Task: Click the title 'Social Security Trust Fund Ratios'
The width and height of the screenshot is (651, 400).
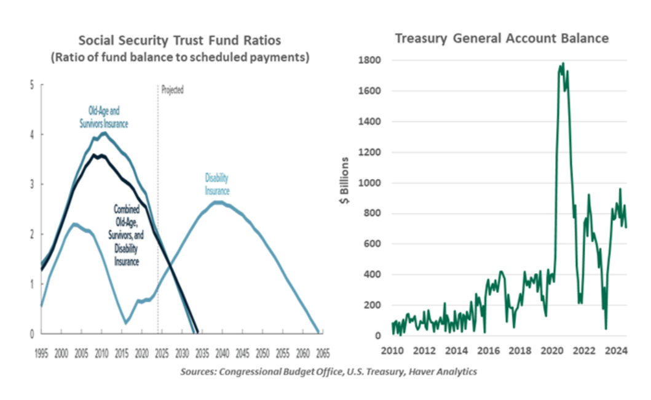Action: pos(180,41)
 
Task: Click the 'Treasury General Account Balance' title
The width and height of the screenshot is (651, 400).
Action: pos(502,39)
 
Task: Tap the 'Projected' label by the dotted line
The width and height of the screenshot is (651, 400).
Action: pos(173,90)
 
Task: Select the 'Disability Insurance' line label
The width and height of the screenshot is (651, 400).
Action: pos(216,185)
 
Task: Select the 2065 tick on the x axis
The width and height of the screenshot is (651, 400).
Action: pos(323,354)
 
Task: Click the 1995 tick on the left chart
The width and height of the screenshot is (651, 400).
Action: pos(41,354)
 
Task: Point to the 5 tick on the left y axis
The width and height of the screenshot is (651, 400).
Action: pos(32,85)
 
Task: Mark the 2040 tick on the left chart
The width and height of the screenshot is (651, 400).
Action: pos(223,354)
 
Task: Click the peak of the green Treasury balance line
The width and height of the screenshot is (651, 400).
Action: pos(563,63)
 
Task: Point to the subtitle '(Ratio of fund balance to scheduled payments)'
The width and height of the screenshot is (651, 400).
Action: pos(180,58)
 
